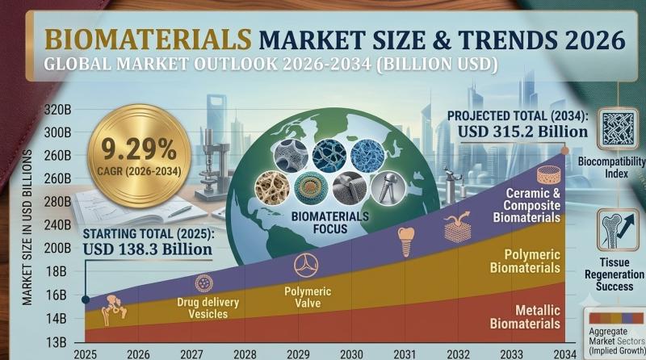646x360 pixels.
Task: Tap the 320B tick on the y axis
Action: (57, 110)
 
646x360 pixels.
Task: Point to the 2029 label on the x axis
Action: (298, 354)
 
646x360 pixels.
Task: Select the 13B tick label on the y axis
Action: (55, 342)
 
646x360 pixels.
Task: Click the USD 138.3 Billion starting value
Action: (148, 249)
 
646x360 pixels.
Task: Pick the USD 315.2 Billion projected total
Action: (522, 132)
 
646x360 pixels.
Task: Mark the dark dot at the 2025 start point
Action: (86, 299)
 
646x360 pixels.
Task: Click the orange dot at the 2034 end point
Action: (564, 151)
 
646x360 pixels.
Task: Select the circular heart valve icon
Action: (306, 266)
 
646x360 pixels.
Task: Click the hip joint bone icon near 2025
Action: (114, 310)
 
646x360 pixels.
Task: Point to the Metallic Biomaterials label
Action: (525, 316)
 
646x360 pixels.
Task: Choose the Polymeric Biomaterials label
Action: (525, 262)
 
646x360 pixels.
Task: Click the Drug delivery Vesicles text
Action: (208, 308)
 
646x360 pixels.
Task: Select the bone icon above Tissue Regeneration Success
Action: (618, 230)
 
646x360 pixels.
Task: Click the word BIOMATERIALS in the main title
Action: (149, 40)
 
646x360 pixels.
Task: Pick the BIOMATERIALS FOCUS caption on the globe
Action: (330, 223)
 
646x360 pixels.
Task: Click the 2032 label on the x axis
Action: (458, 354)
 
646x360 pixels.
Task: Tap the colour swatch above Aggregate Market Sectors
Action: (616, 318)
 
